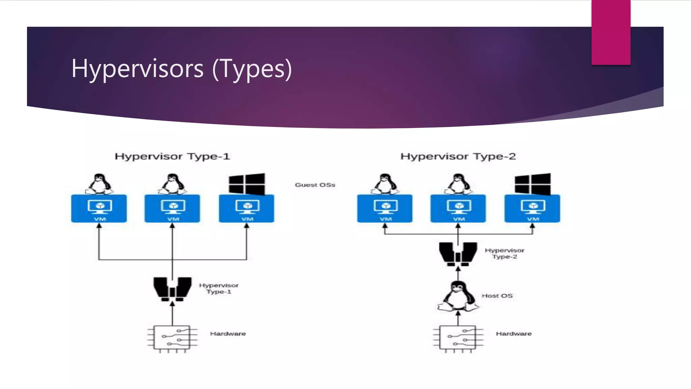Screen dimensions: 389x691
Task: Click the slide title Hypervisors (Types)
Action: [x=182, y=69]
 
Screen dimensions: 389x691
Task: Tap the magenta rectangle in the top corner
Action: [x=611, y=32]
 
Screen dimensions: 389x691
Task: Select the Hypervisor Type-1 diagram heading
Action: [x=172, y=156]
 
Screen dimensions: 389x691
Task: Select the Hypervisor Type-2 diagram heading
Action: [x=458, y=156]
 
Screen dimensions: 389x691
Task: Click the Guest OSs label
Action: [x=315, y=185]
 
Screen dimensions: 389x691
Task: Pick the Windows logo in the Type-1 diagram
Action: [x=247, y=184]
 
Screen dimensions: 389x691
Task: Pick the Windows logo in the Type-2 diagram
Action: [x=533, y=184]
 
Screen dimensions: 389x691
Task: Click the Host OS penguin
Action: [x=458, y=296]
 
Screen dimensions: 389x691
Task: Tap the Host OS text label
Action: [x=497, y=296]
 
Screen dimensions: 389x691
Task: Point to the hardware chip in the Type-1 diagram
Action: [x=172, y=338]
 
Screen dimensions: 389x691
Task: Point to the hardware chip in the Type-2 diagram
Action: [x=458, y=338]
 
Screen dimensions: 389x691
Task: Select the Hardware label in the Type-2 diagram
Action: [x=514, y=334]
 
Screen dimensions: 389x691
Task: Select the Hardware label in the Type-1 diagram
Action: [x=228, y=334]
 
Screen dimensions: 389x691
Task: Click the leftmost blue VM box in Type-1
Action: [x=99, y=208]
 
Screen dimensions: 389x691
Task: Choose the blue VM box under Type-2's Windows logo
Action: [x=532, y=208]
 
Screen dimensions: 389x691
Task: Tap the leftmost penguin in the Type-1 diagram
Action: [x=99, y=184]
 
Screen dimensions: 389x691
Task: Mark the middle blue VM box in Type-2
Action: [x=458, y=208]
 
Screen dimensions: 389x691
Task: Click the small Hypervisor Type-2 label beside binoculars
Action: [x=504, y=253]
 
